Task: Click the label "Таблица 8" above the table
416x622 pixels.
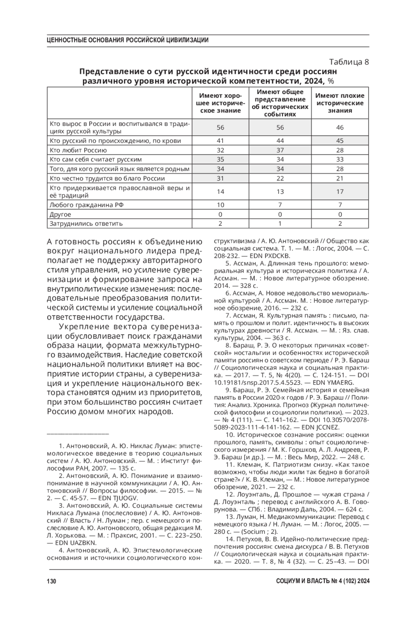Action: [349, 62]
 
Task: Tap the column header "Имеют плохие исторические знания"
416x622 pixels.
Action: [340, 103]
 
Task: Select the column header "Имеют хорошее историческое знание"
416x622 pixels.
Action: [220, 103]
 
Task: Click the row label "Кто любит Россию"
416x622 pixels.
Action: [78, 150]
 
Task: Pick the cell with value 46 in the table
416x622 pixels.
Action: [340, 127]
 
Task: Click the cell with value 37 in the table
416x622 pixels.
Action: [280, 150]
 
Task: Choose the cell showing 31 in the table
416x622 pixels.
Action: [220, 179]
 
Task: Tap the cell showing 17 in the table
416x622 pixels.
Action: [340, 191]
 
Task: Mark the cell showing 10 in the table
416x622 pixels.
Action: [220, 205]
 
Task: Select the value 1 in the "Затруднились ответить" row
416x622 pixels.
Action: [280, 224]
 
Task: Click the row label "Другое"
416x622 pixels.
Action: [60, 214]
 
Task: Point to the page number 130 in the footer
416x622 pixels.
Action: [51, 581]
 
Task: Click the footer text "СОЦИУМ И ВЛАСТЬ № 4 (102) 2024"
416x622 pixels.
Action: [323, 581]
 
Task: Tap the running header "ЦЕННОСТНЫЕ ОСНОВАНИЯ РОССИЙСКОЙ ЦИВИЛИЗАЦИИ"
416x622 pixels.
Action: [128, 40]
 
